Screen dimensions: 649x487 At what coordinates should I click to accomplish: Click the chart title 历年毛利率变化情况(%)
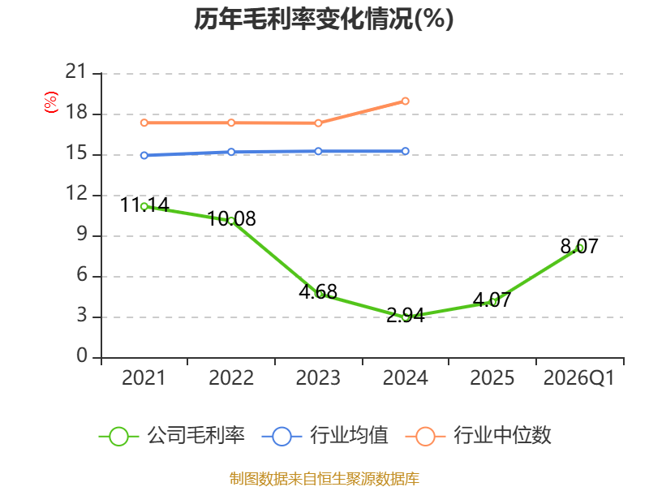coord(324,19)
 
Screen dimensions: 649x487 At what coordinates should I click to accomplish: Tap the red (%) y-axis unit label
coord(51,102)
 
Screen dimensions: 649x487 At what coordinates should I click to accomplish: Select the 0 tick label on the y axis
coord(82,356)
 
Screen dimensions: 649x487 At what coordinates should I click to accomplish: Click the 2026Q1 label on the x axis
coord(579,378)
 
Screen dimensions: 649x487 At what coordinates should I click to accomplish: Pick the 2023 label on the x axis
coord(318,378)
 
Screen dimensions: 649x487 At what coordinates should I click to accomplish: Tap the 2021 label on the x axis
coord(144,378)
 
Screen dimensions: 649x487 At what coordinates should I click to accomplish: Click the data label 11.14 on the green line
coord(144,205)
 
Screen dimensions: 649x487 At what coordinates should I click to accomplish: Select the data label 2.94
coord(405,316)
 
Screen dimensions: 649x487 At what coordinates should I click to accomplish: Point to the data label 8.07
coord(579,247)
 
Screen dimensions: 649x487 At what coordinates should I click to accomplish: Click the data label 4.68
coord(318,292)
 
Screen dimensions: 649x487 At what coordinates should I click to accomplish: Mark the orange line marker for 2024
coord(405,101)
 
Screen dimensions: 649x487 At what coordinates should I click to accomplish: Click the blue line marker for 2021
coord(144,155)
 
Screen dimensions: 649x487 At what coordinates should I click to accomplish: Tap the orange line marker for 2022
coord(231,123)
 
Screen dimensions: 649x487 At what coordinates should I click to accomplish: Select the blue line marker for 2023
coord(318,152)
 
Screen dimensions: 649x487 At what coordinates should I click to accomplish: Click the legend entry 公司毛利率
coord(172,436)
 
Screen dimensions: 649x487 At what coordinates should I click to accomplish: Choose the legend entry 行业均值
coord(325,436)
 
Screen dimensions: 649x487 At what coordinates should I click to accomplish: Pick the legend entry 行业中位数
coord(479,436)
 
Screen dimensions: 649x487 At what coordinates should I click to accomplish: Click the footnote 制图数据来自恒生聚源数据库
coord(324,479)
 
